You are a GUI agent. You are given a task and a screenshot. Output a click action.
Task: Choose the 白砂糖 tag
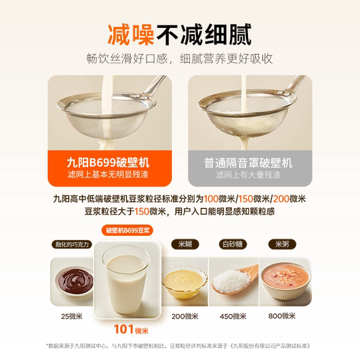[233, 245]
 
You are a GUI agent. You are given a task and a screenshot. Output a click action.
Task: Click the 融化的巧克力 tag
[72, 245]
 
